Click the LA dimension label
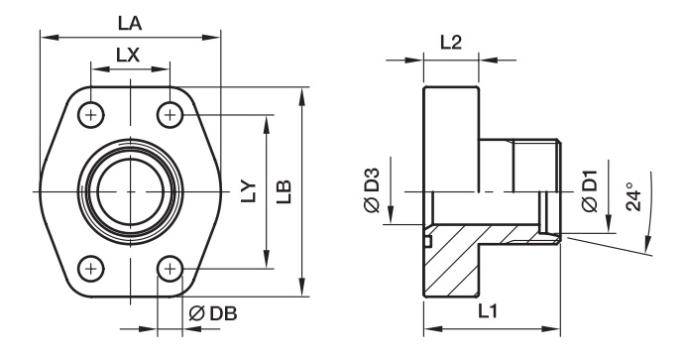[x=130, y=23]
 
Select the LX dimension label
[x=128, y=56]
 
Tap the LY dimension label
[x=249, y=191]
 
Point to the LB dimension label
[x=284, y=191]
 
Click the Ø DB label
[x=213, y=313]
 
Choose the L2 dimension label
[x=451, y=43]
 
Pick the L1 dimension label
[x=488, y=311]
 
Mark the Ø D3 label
[x=372, y=190]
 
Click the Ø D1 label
[x=590, y=190]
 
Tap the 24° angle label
[x=633, y=196]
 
